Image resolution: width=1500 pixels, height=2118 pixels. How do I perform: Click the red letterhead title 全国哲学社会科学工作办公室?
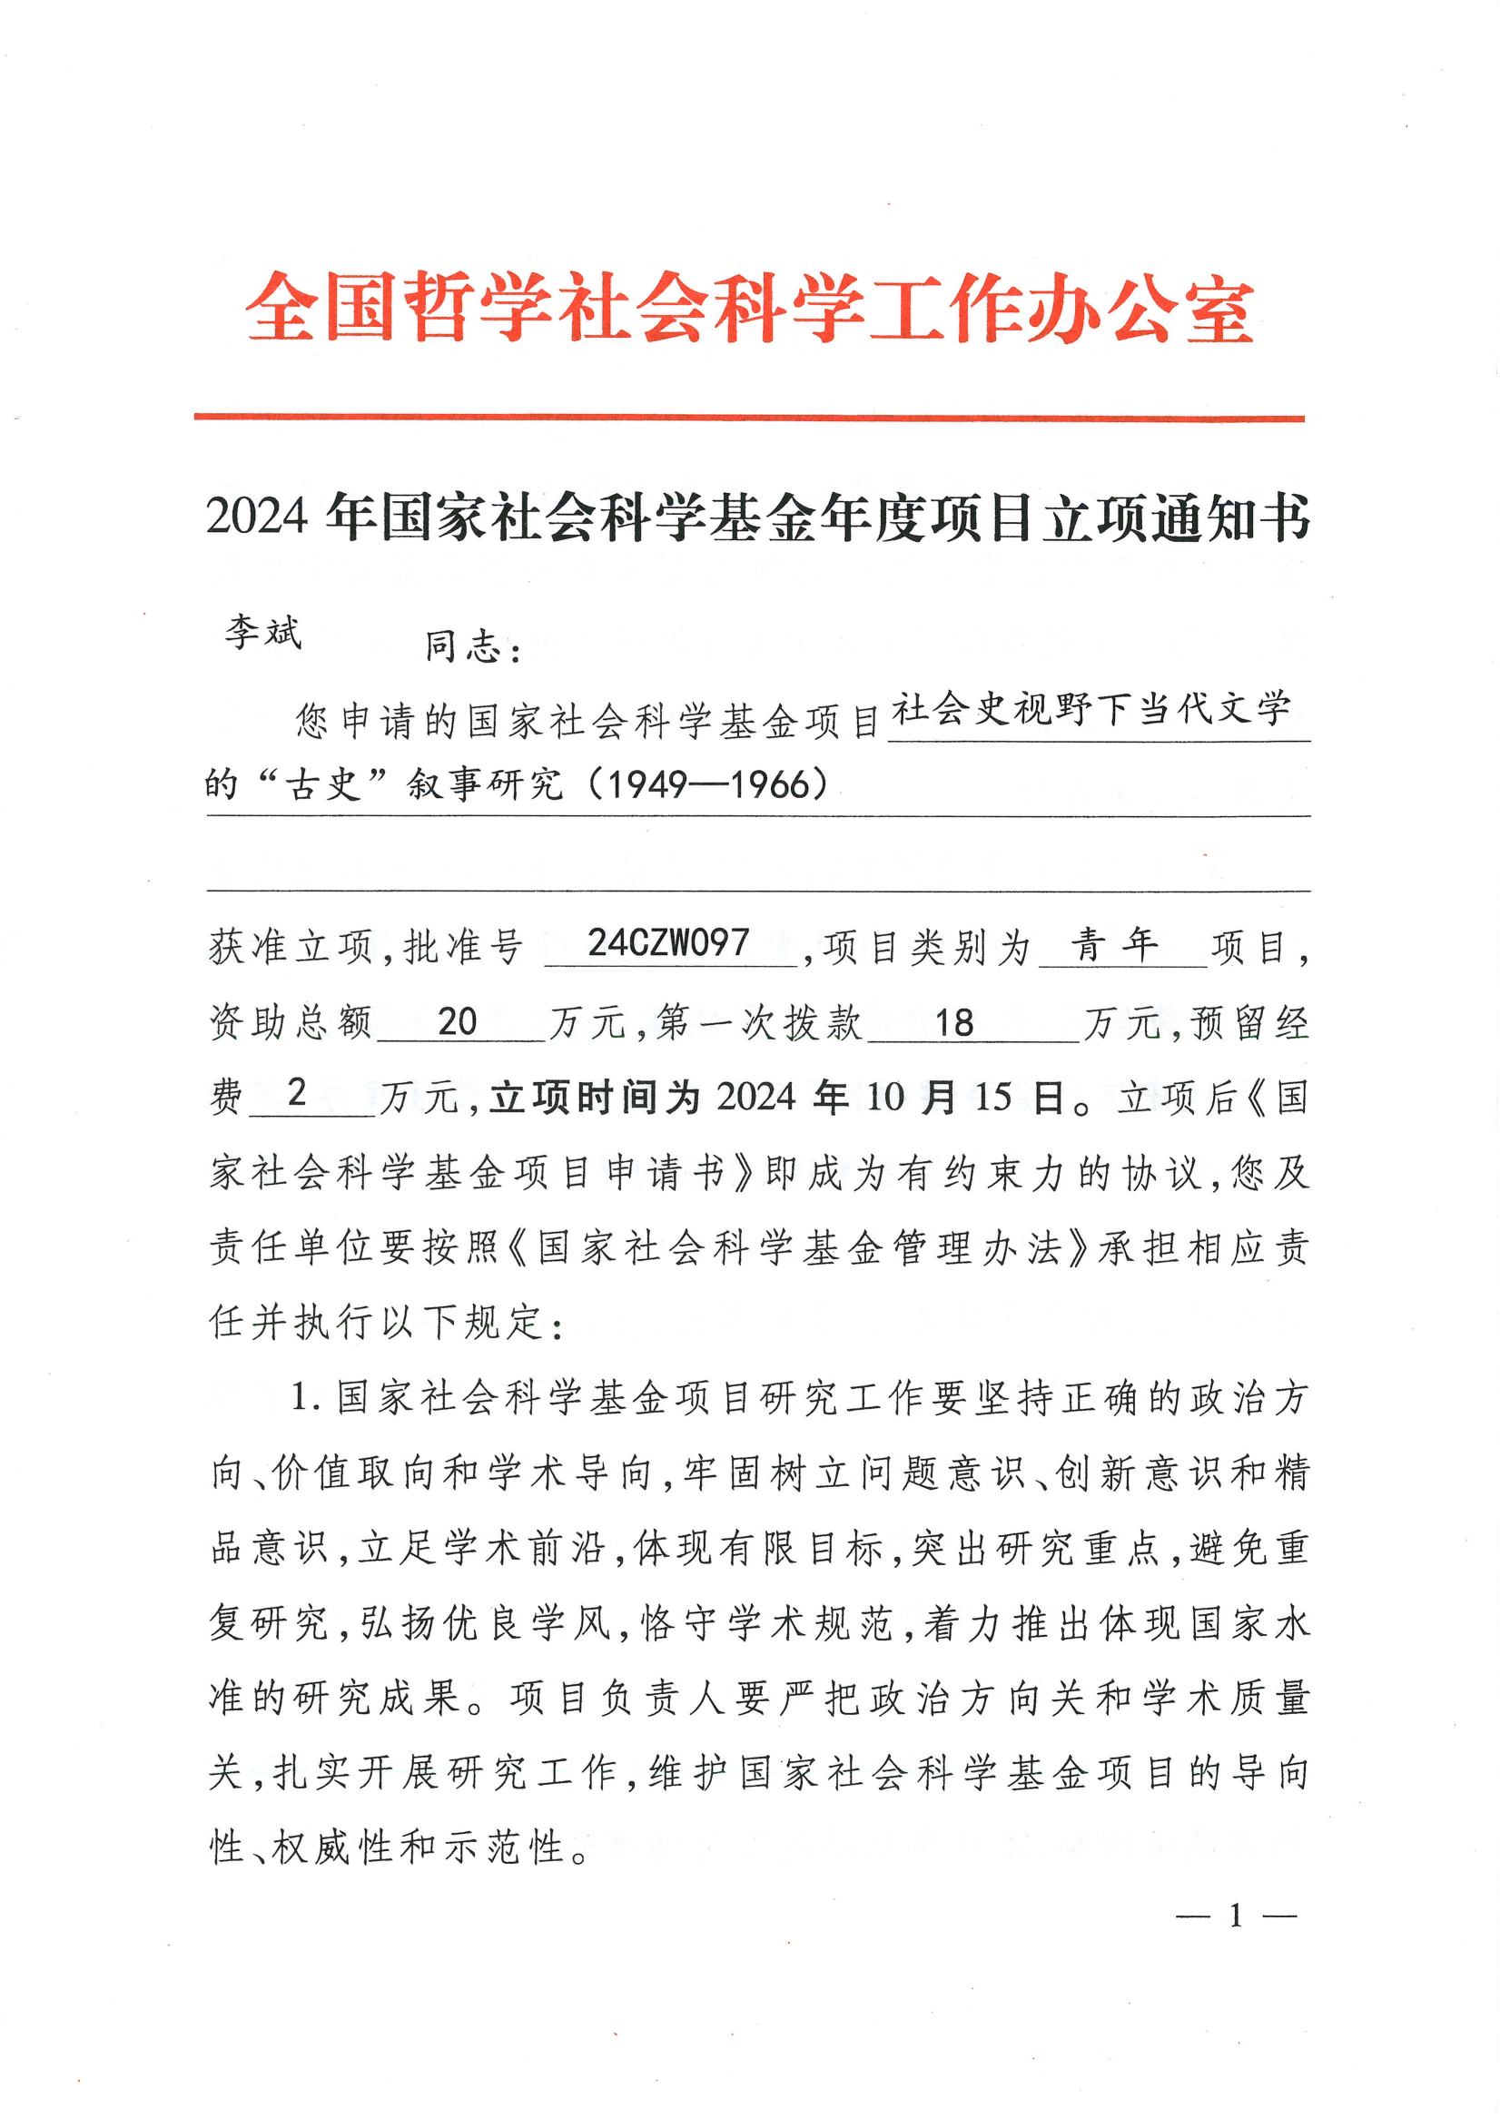point(749,309)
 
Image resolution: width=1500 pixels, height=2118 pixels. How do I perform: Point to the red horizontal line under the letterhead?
point(749,419)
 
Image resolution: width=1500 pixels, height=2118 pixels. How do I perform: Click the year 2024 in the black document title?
point(256,517)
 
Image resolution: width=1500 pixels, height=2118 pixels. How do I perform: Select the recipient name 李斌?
point(263,634)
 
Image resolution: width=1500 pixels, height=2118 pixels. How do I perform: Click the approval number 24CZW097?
point(667,942)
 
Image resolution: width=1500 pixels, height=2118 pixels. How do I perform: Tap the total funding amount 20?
point(458,1021)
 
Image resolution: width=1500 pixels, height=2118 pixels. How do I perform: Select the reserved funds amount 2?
point(297,1092)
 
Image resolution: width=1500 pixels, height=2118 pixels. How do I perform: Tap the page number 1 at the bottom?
point(1235,1916)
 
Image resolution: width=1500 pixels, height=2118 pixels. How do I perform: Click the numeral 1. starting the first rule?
point(305,1397)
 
